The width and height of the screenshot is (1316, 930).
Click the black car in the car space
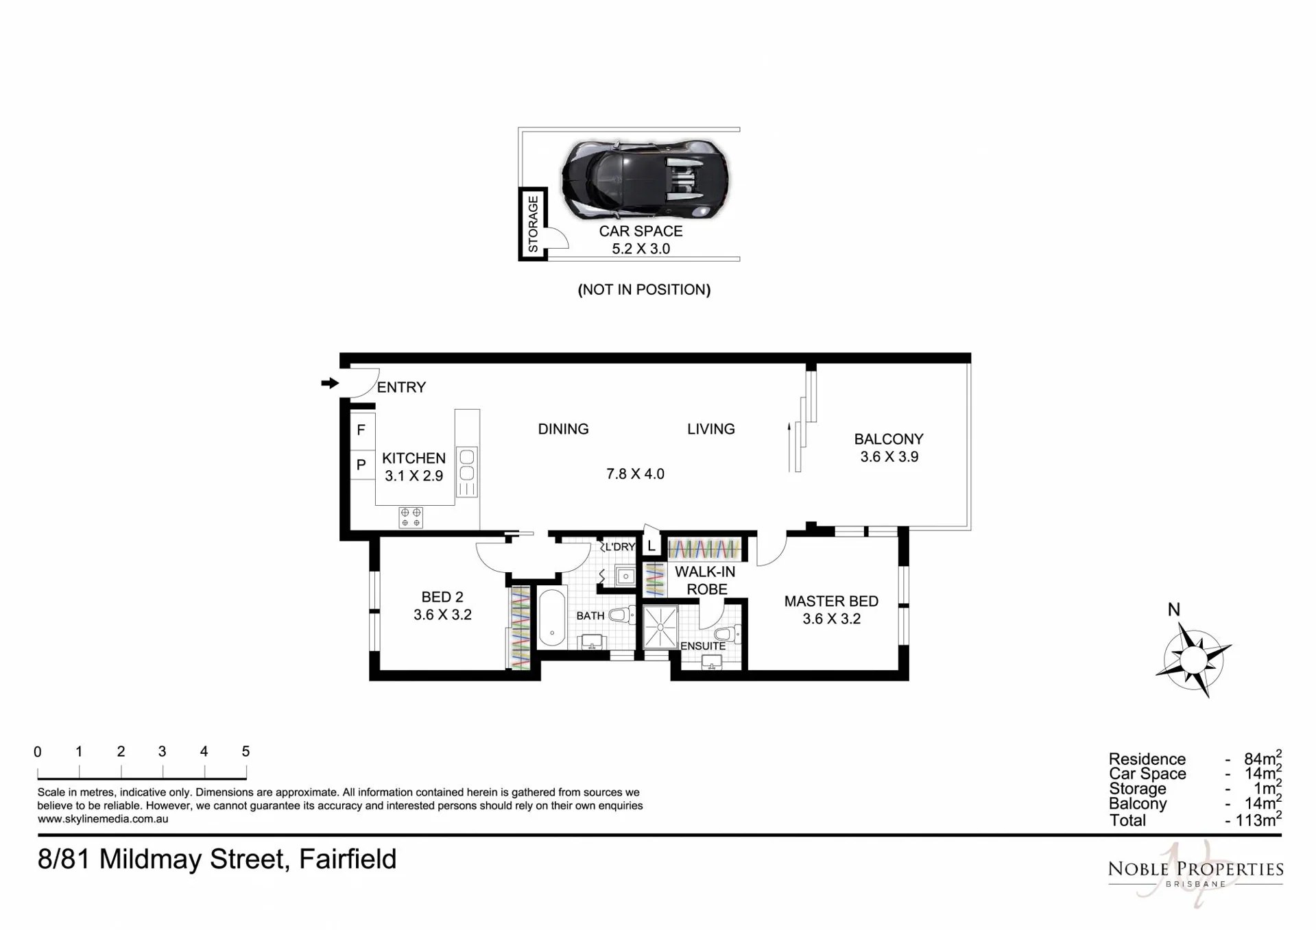pyautogui.click(x=645, y=179)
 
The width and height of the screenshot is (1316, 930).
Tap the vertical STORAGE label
pyautogui.click(x=533, y=223)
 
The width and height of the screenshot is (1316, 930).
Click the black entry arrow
pyautogui.click(x=330, y=383)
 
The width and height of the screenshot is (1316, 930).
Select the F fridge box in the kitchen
pyautogui.click(x=362, y=430)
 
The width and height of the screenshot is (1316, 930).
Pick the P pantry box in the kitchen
pyautogui.click(x=362, y=465)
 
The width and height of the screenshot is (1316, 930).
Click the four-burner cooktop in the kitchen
pyautogui.click(x=411, y=517)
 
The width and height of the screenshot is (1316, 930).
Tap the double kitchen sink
pyautogui.click(x=467, y=464)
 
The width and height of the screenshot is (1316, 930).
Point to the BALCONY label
pyautogui.click(x=889, y=439)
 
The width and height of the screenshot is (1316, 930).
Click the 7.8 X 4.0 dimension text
pyautogui.click(x=635, y=474)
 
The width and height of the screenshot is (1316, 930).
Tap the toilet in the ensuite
pyautogui.click(x=728, y=634)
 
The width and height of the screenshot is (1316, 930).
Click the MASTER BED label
pyautogui.click(x=831, y=601)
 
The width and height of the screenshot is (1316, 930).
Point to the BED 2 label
pyautogui.click(x=442, y=597)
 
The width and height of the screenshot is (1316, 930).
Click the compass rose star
pyautogui.click(x=1194, y=660)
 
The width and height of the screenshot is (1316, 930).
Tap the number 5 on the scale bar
pyautogui.click(x=246, y=751)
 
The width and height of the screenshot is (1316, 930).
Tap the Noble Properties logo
pyautogui.click(x=1195, y=872)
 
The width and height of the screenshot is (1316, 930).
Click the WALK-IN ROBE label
pyautogui.click(x=706, y=580)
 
